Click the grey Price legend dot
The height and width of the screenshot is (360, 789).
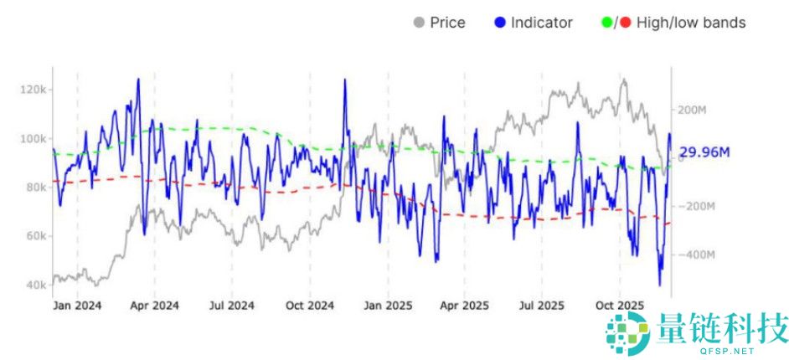tap(419, 23)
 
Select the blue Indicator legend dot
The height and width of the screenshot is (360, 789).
tap(501, 23)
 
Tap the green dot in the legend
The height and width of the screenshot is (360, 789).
tap(607, 23)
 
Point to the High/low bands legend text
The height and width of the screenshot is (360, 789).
tap(690, 23)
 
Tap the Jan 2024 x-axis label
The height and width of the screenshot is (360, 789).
tap(77, 306)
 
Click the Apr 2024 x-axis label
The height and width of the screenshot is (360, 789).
tap(154, 306)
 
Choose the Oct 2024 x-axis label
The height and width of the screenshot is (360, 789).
tap(310, 306)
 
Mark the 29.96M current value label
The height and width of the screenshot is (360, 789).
tap(704, 152)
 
